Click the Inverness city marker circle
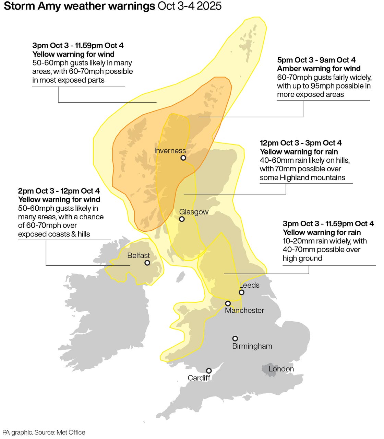183,158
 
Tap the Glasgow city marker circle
182,219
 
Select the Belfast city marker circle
147,263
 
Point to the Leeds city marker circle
241,292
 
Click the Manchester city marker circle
228,303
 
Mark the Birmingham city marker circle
235,338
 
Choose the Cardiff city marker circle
209,371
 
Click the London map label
281,369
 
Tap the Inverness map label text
170,151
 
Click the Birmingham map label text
252,346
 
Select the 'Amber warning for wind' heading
319,69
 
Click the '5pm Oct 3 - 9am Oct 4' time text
316,60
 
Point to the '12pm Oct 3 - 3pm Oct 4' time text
300,143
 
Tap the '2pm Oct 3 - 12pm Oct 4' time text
59,191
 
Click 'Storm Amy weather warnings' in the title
79,6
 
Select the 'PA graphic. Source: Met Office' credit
44,432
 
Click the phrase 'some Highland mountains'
302,178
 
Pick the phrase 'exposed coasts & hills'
54,234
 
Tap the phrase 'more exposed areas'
310,95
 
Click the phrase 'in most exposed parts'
68,80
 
